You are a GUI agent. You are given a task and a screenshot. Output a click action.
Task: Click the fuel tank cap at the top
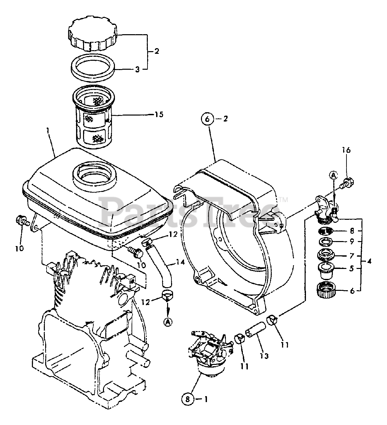(x=93, y=35)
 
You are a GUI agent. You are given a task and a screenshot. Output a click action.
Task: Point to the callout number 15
(x=159, y=115)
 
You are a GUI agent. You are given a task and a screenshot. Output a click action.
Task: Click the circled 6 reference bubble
(x=207, y=119)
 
